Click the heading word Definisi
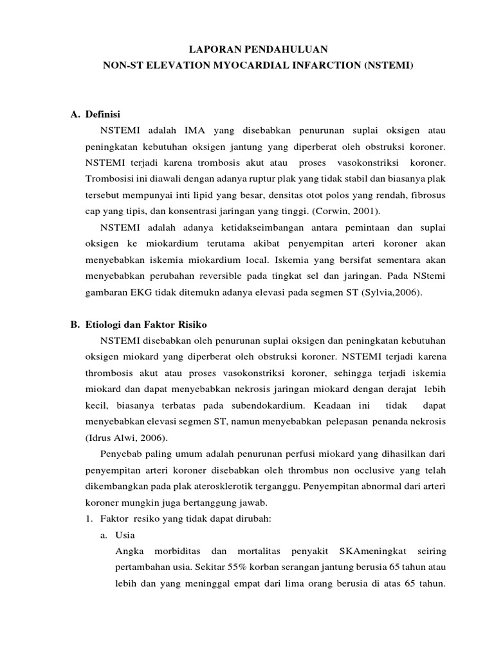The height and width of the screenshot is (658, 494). coord(102,114)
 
